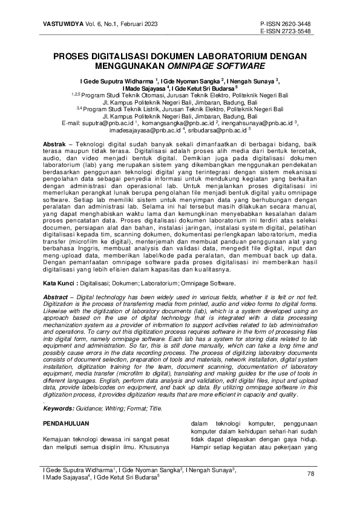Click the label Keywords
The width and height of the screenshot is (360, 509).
pyautogui.click(x=62, y=408)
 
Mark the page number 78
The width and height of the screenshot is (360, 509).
pyautogui.click(x=312, y=473)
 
